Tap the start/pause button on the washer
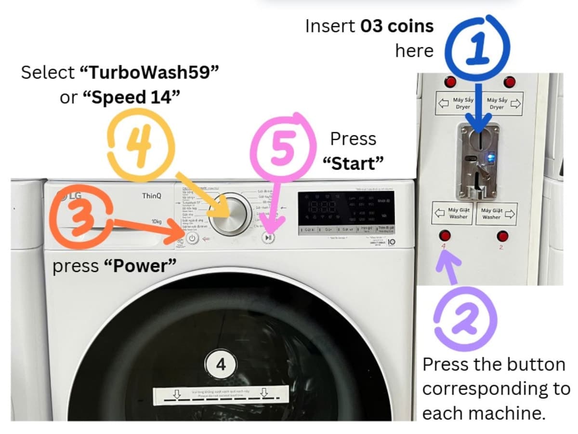click(x=269, y=237)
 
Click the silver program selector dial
click(x=231, y=216)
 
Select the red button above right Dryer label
click(x=509, y=81)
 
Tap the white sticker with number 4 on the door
click(x=221, y=365)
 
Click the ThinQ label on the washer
click(x=152, y=196)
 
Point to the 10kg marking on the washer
click(x=156, y=221)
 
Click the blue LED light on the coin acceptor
click(x=491, y=156)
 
